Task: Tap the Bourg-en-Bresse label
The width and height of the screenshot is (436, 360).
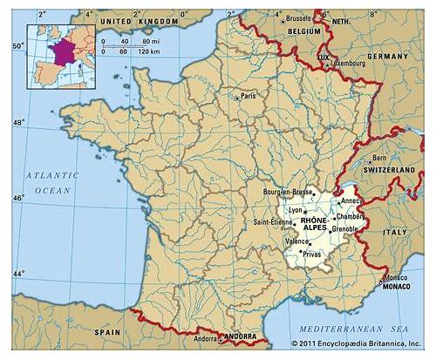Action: (288, 190)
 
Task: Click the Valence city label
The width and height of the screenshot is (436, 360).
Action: (298, 241)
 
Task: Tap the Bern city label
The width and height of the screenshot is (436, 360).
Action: (379, 158)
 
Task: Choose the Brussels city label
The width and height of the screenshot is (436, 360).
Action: (298, 17)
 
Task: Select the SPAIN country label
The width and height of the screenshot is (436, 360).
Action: (108, 332)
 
